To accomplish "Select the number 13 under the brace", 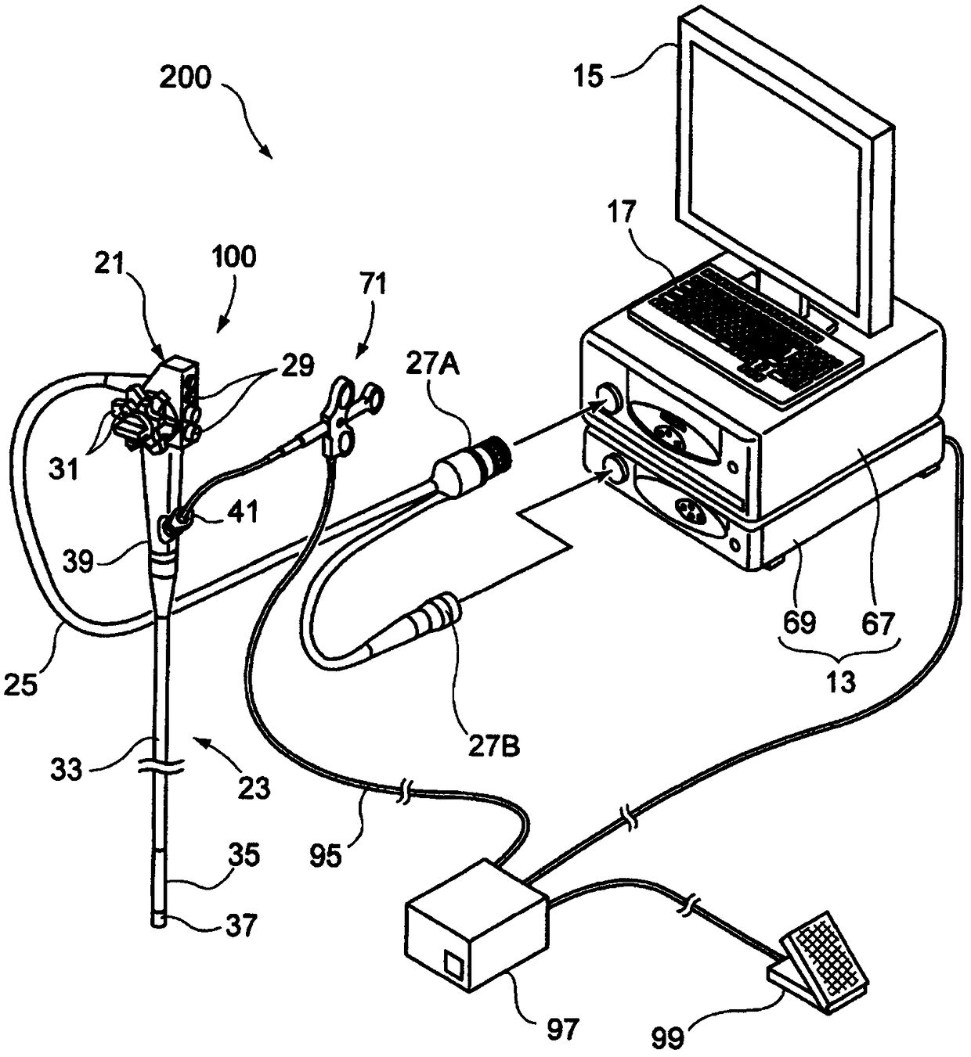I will coord(840,681).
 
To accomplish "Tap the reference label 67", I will coord(876,624).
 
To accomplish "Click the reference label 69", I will coord(798,624).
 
